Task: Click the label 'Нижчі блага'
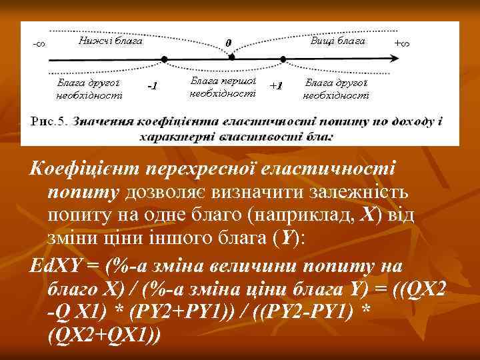point(110,41)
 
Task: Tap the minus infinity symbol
point(39,44)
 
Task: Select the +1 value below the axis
point(276,86)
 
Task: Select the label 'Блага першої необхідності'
point(223,87)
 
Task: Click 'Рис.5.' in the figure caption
point(49,122)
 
